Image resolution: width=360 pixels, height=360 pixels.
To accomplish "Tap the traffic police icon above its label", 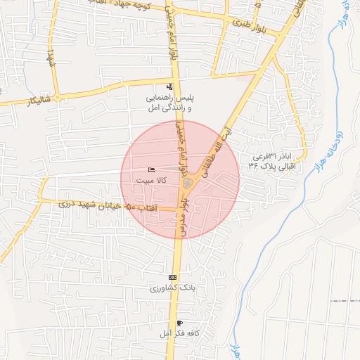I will [169, 86].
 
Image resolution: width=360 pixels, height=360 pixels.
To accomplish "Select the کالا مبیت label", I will [152, 181].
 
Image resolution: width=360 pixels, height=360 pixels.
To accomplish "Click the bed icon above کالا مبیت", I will [152, 170].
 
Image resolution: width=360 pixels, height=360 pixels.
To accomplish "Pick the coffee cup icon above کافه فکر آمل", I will [179, 323].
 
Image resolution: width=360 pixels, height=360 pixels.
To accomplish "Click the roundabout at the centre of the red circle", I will [188, 184].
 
